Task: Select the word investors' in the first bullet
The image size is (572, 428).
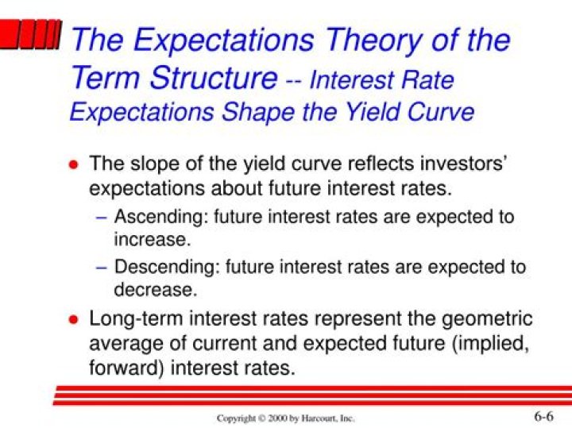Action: (458, 164)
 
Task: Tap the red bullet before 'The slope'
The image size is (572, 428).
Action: (73, 165)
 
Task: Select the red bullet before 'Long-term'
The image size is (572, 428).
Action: (73, 320)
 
